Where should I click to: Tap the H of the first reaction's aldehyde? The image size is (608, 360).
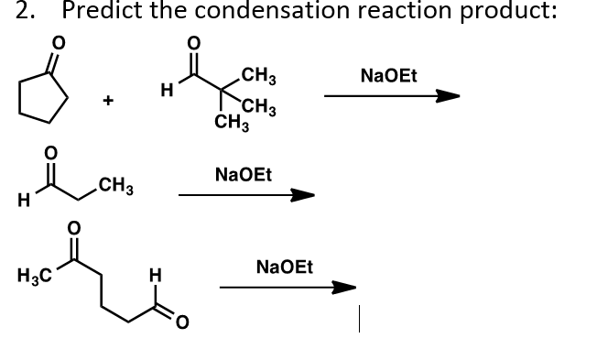pos(165,89)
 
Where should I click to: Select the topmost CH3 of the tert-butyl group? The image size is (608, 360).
pos(252,75)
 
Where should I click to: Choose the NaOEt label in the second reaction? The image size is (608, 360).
pos(243,173)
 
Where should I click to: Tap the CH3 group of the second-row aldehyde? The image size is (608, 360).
pos(116,190)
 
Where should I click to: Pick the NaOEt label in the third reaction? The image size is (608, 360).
pos(285,267)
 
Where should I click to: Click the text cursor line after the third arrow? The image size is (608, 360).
pos(363,320)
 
